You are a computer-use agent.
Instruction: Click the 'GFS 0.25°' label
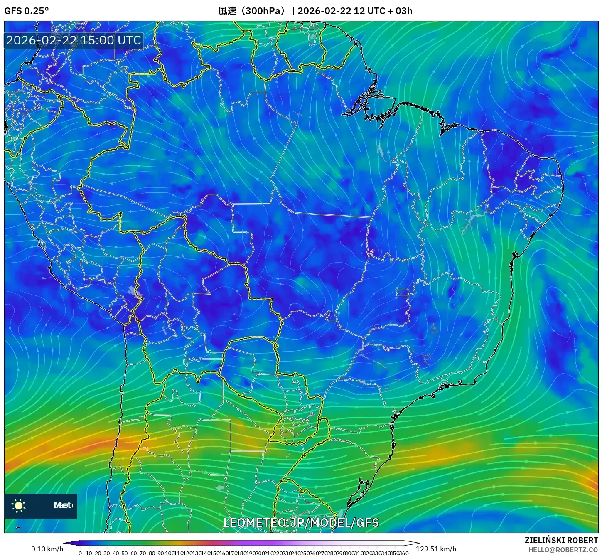pos(26,11)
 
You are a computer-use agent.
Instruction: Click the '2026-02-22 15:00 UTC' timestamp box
pos(74,40)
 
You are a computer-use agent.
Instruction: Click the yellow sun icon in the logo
pos(18,505)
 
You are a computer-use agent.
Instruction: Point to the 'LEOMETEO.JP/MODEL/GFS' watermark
pos(301,523)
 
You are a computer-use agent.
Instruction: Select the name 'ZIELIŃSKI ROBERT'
pos(561,540)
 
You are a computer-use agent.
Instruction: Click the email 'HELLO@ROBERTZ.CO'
pos(563,550)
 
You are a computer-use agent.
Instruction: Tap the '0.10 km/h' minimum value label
pos(47,549)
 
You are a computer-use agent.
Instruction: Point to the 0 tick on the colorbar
pos(80,553)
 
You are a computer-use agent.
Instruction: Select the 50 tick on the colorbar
pos(125,553)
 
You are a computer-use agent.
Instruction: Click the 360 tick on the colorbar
pos(403,553)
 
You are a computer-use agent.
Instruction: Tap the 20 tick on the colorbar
pos(98,553)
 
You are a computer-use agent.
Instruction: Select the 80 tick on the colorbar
pos(152,553)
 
